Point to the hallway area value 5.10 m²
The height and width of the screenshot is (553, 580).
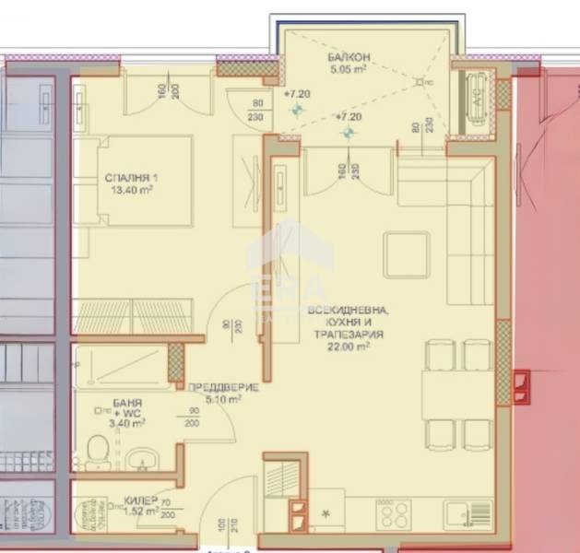(221, 400)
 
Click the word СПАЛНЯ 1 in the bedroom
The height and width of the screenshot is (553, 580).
(123, 181)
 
